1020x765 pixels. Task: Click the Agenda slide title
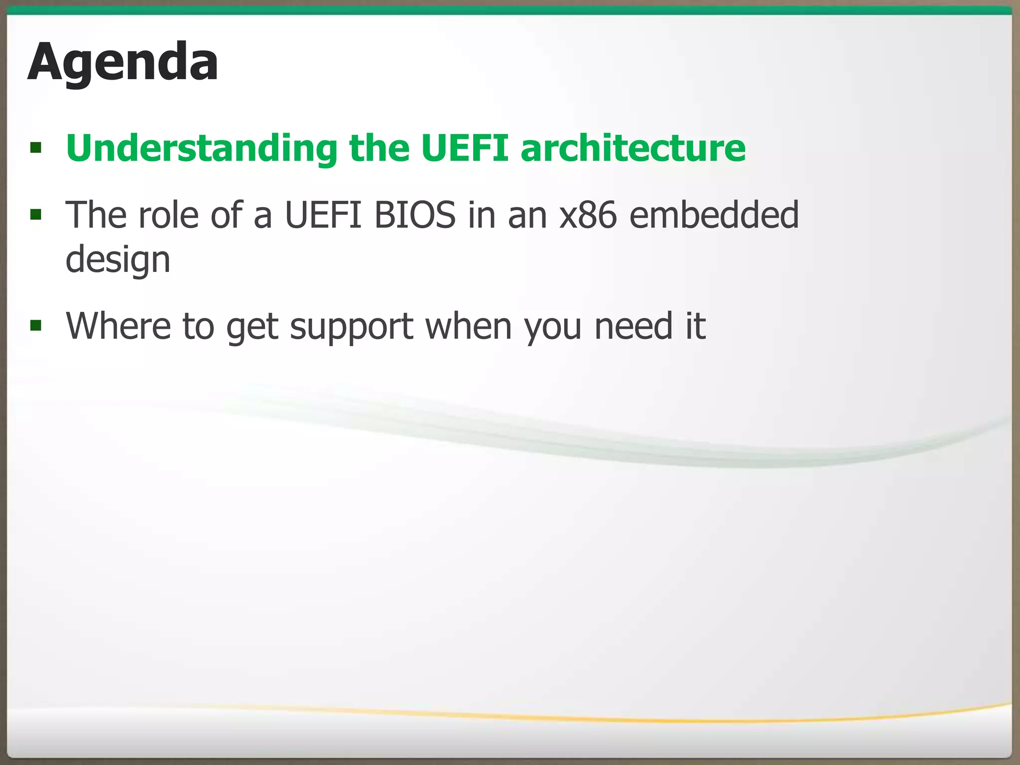123,63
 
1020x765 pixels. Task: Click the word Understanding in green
201,148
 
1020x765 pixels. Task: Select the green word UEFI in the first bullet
464,148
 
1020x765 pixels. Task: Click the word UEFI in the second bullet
323,215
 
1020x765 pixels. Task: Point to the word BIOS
415,215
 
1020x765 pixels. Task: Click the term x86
588,215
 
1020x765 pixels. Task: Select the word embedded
714,215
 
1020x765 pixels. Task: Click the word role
169,215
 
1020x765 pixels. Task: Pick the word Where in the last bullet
118,326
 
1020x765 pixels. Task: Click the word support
352,327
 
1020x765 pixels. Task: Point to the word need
634,326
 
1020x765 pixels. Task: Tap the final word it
696,326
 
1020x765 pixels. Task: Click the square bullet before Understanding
35,148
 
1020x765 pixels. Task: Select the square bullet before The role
35,215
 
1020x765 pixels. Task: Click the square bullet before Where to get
35,326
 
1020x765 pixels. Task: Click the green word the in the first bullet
379,148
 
